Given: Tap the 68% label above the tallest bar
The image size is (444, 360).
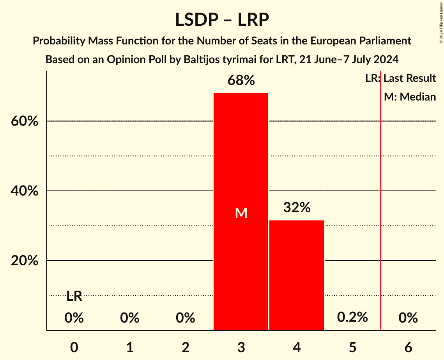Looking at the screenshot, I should click(241, 81).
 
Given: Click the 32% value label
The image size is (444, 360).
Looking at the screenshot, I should click(297, 208).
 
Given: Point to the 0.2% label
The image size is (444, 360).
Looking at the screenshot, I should click(352, 317).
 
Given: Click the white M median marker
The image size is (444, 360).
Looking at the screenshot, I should click(241, 213).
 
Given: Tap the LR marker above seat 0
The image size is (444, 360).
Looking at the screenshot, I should click(74, 296).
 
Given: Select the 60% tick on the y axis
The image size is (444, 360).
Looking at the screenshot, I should click(25, 121).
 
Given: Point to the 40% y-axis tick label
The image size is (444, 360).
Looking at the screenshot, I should click(25, 191).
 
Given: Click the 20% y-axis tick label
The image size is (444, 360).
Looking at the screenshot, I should click(25, 261).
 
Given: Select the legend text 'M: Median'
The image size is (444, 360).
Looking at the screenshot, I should click(410, 97).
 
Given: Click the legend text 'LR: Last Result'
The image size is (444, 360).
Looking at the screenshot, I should click(400, 78).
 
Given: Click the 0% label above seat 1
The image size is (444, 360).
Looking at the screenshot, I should click(130, 318).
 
